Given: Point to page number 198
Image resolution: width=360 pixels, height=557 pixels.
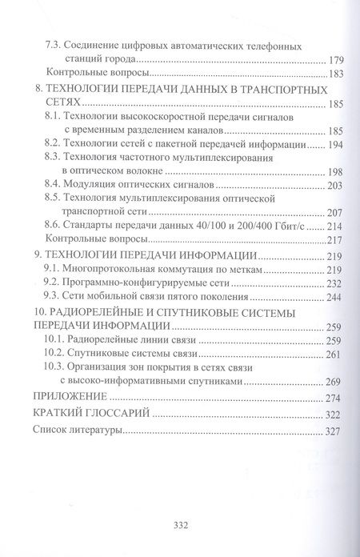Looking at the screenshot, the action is [x=334, y=172].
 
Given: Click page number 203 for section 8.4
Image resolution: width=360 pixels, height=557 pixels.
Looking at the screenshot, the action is [x=334, y=186].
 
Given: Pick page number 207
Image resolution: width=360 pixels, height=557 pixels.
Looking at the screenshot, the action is [x=334, y=212].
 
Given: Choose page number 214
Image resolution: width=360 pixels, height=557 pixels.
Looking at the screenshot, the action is [x=334, y=226].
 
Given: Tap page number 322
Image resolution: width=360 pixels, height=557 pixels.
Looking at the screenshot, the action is [x=333, y=415].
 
